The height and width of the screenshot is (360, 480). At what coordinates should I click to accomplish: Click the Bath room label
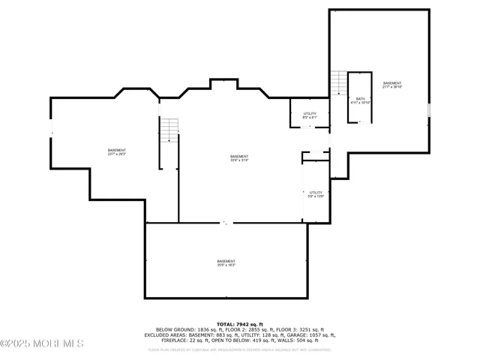[x=360, y=100]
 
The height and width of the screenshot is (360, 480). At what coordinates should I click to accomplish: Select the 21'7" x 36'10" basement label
[x=391, y=85]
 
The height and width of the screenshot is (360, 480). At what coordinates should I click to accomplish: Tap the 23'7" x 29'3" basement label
[x=117, y=152]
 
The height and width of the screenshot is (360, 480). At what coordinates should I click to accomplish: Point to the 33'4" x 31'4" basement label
[x=239, y=158]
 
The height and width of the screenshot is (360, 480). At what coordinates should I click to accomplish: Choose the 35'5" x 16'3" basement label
[x=226, y=263]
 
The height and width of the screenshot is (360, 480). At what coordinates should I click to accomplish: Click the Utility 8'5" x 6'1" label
[x=310, y=115]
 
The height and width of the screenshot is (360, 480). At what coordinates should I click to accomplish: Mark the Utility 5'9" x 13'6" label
[x=316, y=194]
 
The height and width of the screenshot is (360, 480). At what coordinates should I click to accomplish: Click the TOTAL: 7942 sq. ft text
[x=239, y=323]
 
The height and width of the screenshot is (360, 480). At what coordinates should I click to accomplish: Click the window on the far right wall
[x=430, y=110]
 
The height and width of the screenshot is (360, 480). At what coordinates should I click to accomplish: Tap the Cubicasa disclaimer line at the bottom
[x=239, y=349]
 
